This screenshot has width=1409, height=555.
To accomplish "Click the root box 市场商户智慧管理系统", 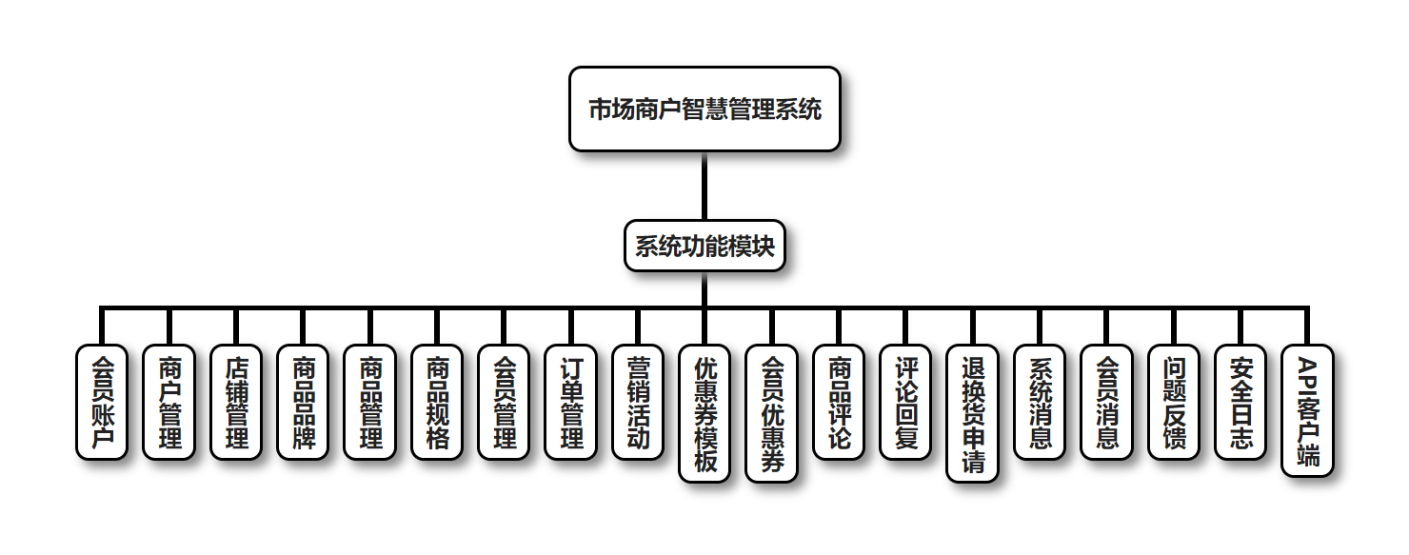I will [x=704, y=109].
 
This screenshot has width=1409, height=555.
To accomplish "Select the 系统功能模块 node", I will [x=704, y=246].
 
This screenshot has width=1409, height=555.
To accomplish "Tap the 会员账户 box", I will [x=101, y=402].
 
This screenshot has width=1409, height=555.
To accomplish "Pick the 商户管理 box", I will [x=169, y=402].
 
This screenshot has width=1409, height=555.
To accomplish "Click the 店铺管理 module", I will [x=235, y=402].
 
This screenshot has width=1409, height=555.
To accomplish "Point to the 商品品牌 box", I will [x=303, y=402].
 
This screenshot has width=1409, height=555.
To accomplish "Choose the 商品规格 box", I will [x=437, y=402].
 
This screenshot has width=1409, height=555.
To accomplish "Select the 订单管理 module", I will [x=571, y=402].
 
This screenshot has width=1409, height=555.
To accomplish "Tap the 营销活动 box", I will [x=638, y=402].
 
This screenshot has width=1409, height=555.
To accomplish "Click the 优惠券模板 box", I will [x=704, y=413].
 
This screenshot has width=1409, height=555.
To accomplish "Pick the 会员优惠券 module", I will [x=772, y=413].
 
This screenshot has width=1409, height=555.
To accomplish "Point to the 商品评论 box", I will [x=839, y=402].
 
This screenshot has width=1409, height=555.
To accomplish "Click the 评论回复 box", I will [x=905, y=402].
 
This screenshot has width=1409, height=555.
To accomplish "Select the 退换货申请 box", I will [x=973, y=413].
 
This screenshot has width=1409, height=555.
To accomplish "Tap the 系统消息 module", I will [x=1040, y=402].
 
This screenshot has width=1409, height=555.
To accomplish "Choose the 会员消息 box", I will [x=1107, y=402].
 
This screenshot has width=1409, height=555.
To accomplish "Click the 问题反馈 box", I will [x=1174, y=402].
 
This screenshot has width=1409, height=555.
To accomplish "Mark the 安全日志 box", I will [x=1240, y=402].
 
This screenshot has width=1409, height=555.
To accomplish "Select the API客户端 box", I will [x=1308, y=410].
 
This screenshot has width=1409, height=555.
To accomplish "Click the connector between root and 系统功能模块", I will [x=704, y=186].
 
